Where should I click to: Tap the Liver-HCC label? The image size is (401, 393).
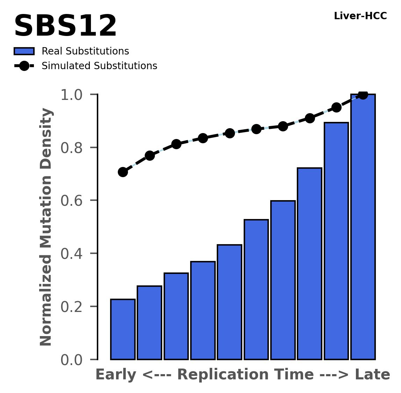pos(360,16)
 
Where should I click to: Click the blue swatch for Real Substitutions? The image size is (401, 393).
pos(24,51)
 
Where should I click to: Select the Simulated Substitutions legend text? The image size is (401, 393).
pos(99,66)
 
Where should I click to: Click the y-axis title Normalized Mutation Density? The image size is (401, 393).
pos(46,227)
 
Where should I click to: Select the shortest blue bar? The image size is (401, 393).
pos(123,329)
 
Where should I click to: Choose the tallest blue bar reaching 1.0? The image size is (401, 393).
pos(363,227)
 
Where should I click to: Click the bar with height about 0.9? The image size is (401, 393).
pos(336,241)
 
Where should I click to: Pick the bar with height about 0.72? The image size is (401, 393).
pos(309,264)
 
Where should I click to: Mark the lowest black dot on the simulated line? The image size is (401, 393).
pos(123,172)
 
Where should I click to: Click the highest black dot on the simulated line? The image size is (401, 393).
pos(363,95)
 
